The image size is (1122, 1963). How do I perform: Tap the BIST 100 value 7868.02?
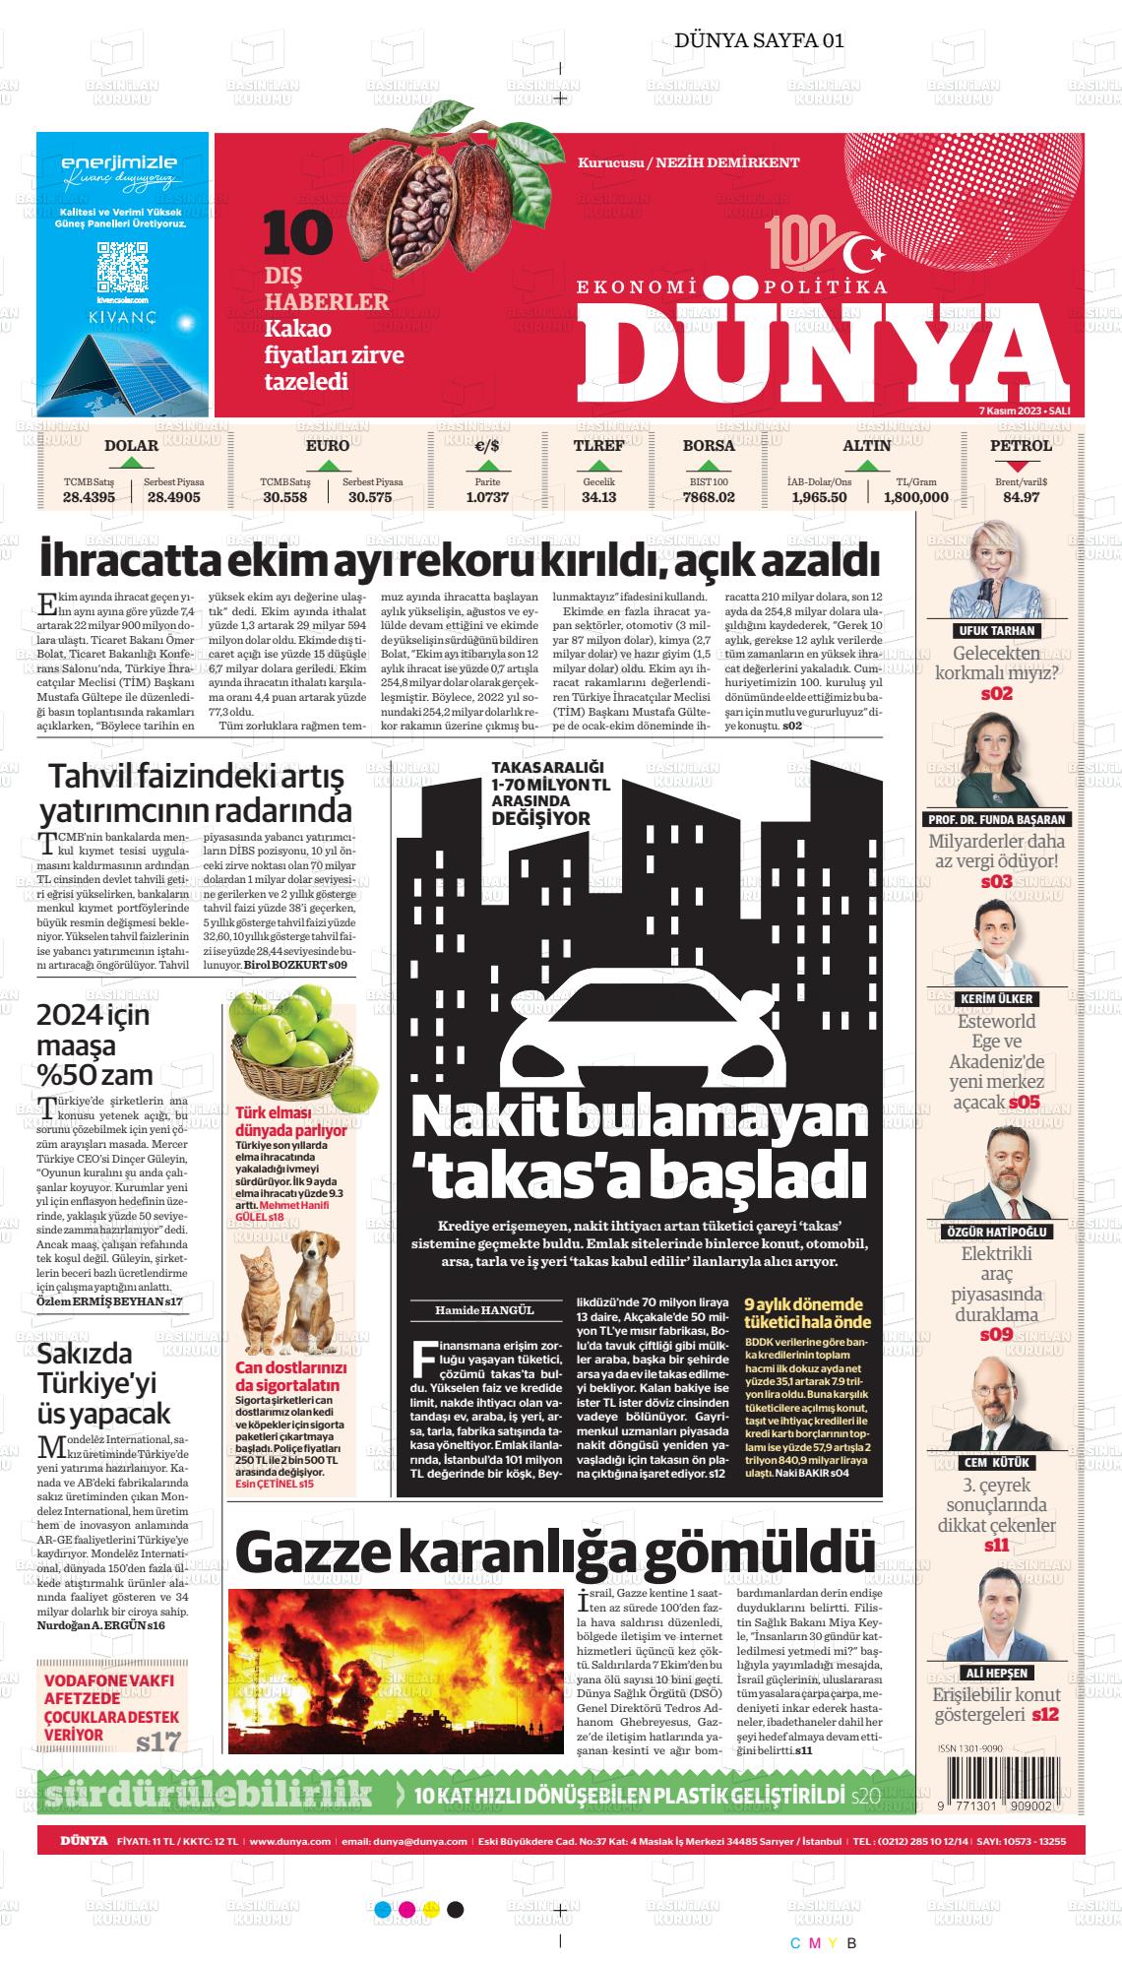pyautogui.click(x=709, y=497)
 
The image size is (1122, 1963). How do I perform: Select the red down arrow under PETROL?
pyautogui.click(x=1021, y=467)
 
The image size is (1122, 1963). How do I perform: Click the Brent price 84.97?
pyautogui.click(x=1021, y=497)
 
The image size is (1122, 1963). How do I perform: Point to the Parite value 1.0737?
pyautogui.click(x=487, y=497)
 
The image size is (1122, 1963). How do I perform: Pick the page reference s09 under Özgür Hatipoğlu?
pyautogui.click(x=996, y=1335)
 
